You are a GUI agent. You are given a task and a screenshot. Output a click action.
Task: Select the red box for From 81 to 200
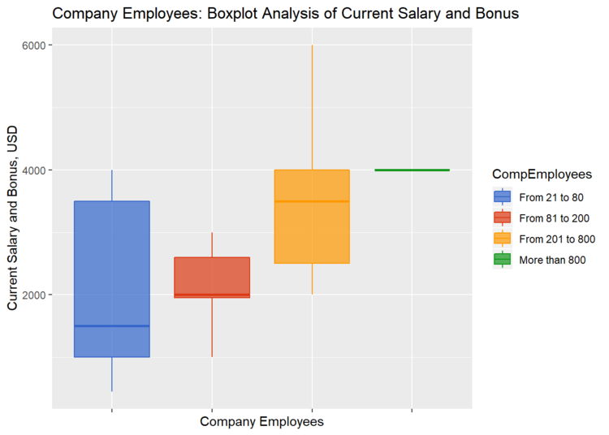212,276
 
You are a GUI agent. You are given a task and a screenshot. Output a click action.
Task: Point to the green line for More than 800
412,170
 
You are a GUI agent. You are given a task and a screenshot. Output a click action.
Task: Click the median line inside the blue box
111,325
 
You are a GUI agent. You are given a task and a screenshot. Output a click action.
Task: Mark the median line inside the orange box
312,200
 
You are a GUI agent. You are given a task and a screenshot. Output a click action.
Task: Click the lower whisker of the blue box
111,374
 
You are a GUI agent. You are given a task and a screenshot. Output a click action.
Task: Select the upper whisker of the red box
212,244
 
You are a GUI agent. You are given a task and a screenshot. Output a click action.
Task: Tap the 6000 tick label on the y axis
32,45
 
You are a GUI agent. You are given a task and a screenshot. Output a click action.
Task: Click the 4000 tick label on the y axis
32,170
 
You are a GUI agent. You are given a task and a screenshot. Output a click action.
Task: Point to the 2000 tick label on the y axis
32,295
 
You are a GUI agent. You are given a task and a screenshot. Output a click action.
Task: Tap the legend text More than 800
552,260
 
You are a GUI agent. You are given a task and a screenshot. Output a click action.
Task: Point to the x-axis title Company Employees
261,422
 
